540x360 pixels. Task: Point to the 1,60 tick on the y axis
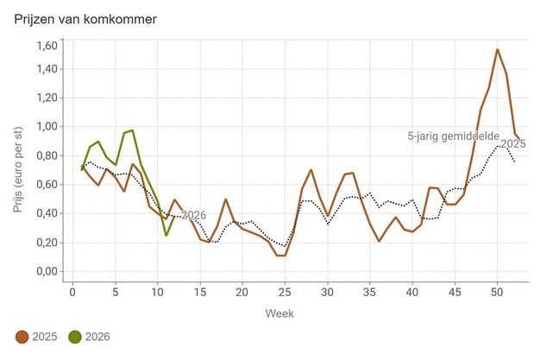45,45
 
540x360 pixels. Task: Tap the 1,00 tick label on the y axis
45,127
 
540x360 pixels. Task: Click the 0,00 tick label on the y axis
45,272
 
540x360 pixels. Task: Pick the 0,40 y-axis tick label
45,214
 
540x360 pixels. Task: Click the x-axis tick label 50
498,290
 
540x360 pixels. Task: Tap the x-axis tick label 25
285,290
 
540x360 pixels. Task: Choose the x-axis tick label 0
72,290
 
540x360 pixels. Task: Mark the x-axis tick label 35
370,290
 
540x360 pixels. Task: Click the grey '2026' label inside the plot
194,215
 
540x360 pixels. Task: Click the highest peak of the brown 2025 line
498,49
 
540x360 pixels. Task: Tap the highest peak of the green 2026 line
132,130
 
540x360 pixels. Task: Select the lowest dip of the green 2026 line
166,235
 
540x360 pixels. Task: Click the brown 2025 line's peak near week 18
226,199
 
